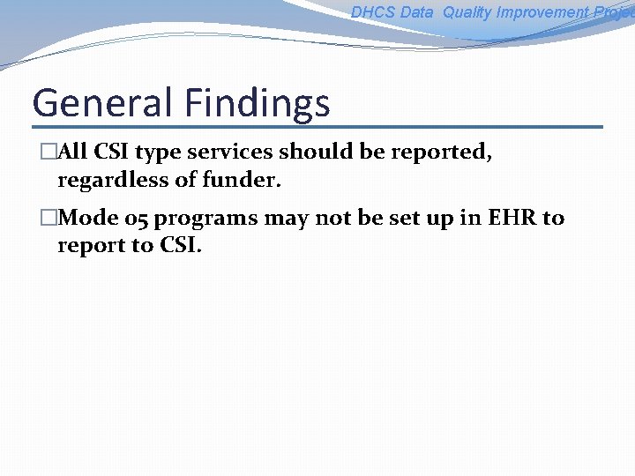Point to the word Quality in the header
(x=467, y=12)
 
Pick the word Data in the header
(x=416, y=12)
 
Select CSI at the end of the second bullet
(x=180, y=245)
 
